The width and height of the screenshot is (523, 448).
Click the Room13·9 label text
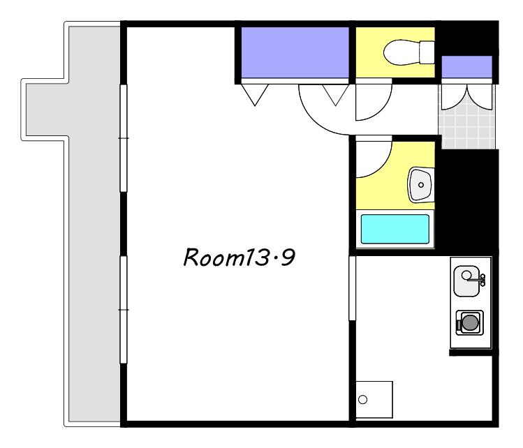[x=239, y=257]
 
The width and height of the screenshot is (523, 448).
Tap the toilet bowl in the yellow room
[x=402, y=52]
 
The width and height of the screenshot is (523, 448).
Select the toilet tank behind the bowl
[x=427, y=52]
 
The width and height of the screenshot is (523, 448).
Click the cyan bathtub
[x=395, y=229]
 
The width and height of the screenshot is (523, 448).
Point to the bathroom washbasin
[x=420, y=185]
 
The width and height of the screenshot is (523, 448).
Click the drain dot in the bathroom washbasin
[x=421, y=185]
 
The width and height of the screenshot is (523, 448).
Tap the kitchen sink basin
[x=466, y=281]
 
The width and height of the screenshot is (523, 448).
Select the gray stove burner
[x=469, y=322]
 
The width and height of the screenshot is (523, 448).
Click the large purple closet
[x=295, y=52]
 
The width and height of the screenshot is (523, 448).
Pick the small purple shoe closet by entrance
[x=466, y=67]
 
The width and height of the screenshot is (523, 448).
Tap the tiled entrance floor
[x=466, y=124]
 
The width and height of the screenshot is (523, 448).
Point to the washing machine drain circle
[x=362, y=399]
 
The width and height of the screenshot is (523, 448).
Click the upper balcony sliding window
[x=124, y=138]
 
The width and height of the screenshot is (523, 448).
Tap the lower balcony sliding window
[x=124, y=310]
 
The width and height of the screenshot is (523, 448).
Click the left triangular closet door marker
[x=255, y=95]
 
